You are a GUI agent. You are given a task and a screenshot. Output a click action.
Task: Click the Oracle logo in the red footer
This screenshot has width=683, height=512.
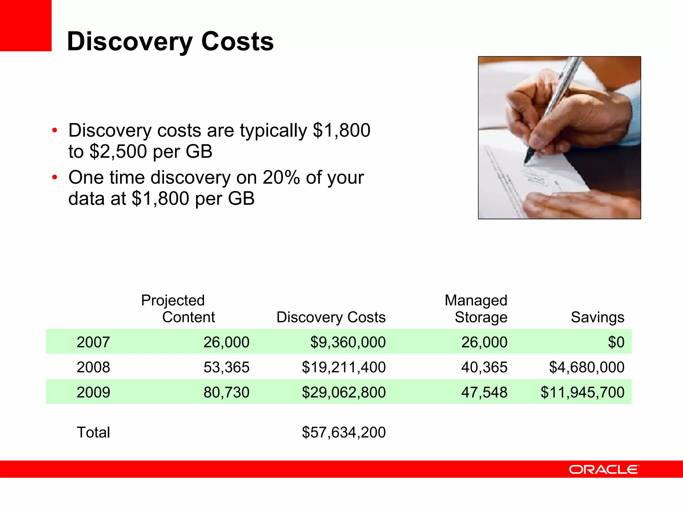coord(604,470)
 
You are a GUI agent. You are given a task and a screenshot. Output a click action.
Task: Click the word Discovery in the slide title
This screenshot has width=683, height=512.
coord(129,42)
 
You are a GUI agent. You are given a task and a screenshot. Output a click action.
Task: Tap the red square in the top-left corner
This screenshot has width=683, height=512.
coord(25,25)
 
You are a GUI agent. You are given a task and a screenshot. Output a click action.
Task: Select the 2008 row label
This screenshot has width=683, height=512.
coord(93,367)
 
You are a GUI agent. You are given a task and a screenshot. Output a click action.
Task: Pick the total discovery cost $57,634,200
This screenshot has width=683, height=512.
coord(344,432)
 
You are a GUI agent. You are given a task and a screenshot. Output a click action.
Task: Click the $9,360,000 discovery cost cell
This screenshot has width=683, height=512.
coord(348,342)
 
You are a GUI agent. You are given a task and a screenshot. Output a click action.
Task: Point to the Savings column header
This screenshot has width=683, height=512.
coord(597,317)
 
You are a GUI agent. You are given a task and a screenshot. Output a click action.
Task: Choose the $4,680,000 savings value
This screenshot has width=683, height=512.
coord(586,367)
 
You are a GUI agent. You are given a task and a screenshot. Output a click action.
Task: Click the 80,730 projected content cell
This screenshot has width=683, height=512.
coord(226,392)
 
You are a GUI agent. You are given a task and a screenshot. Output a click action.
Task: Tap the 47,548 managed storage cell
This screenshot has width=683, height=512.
coord(484,392)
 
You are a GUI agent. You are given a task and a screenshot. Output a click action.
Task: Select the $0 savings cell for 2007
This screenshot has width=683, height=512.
coord(616,342)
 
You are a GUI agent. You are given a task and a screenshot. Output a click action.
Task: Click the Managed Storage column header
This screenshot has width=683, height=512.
coord(476,309)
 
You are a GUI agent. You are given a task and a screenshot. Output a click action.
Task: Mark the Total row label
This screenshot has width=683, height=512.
coord(93,432)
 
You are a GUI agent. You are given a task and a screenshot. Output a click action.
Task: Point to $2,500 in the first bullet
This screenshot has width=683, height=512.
coord(118,152)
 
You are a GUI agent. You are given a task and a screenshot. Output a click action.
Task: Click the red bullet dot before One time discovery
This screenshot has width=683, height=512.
coord(55,177)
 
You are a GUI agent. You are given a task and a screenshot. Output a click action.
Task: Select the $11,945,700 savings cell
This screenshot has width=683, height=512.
coord(582,392)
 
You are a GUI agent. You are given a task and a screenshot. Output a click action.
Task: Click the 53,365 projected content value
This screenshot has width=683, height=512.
coord(226,367)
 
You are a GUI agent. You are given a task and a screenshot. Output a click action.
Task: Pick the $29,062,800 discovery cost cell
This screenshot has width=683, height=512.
coord(344,392)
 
